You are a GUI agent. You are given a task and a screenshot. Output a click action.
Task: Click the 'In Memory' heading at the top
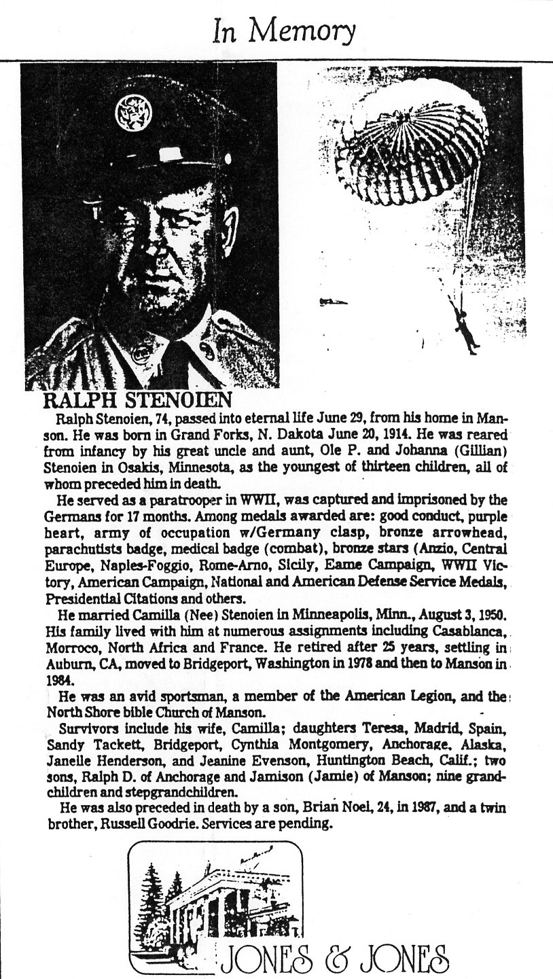coord(283,31)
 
